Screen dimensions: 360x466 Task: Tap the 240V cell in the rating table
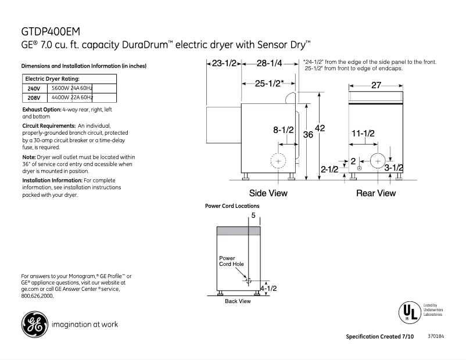[33, 88]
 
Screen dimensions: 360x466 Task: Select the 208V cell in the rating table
[33, 98]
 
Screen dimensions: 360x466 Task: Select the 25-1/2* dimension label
[269, 83]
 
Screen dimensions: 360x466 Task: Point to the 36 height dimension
[308, 134]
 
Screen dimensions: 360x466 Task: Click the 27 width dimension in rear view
[376, 85]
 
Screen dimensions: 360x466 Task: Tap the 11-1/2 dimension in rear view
[363, 133]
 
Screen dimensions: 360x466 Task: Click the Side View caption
[268, 193]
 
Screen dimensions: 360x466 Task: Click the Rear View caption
[376, 193]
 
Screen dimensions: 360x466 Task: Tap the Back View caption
[238, 301]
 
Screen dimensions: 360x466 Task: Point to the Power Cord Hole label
[231, 261]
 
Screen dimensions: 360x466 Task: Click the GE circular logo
[35, 325]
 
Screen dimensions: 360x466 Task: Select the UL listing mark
[408, 312]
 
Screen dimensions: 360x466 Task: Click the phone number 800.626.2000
[37, 296]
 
